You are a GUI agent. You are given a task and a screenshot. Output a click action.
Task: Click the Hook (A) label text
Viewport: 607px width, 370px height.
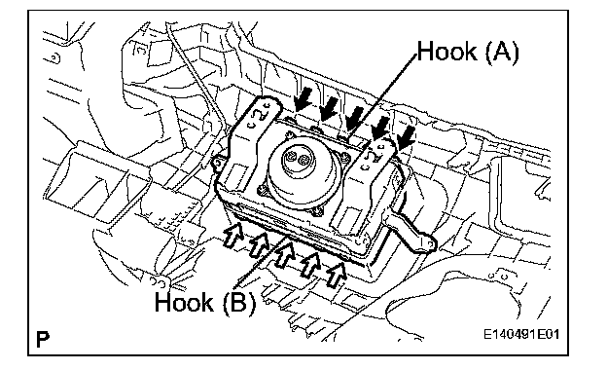coord(468,52)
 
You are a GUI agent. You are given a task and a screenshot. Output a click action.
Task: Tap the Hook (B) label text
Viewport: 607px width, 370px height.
coord(205,302)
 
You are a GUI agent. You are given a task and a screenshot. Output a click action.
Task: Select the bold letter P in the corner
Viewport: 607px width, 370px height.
coord(43,339)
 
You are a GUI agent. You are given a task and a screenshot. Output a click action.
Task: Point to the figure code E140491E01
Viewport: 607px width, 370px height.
coord(521,334)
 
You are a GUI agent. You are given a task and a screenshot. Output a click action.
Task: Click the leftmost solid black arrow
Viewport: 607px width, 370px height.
coord(303,98)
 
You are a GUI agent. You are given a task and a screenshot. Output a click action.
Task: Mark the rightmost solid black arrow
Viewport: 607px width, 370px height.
coord(405,138)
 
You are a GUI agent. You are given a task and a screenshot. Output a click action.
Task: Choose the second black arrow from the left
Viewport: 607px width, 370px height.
coord(329,108)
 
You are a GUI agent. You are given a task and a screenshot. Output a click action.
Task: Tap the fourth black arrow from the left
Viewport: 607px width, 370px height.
coord(379,129)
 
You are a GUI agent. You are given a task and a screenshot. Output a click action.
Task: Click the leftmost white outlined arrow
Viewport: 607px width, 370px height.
coord(233,235)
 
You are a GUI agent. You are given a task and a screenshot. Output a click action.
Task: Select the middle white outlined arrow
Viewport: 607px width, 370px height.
coord(284,254)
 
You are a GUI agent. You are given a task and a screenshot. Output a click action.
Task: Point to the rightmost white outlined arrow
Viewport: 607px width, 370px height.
coord(336,275)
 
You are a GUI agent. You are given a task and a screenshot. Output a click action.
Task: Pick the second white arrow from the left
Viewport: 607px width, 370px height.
coord(259,244)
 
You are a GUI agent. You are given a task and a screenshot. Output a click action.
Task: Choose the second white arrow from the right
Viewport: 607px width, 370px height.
coord(310,265)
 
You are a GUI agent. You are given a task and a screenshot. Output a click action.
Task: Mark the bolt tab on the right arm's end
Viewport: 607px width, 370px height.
coord(429,243)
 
